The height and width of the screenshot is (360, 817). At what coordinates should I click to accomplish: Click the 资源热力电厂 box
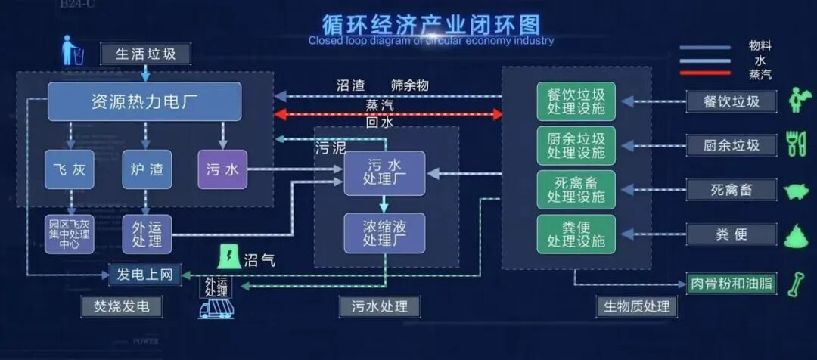(x=144, y=101)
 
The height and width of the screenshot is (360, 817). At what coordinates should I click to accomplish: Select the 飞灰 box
(x=70, y=169)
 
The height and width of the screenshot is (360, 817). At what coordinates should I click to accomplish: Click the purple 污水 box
(x=222, y=169)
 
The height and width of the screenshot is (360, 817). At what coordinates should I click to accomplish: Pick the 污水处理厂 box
(x=384, y=173)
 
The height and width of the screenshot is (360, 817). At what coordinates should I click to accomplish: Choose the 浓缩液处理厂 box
(x=384, y=233)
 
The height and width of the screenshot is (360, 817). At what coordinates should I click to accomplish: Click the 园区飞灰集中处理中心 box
(x=70, y=234)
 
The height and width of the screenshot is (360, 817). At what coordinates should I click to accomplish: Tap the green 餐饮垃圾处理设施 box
(x=576, y=101)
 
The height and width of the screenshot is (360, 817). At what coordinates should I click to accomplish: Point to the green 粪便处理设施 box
(x=576, y=234)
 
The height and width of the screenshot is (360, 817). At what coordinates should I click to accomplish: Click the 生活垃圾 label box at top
(x=146, y=54)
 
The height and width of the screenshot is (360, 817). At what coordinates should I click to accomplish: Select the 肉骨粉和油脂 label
(x=732, y=284)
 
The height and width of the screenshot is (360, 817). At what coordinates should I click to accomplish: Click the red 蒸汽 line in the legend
(x=705, y=73)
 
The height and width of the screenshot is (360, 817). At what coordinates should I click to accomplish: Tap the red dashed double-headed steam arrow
(x=387, y=114)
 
